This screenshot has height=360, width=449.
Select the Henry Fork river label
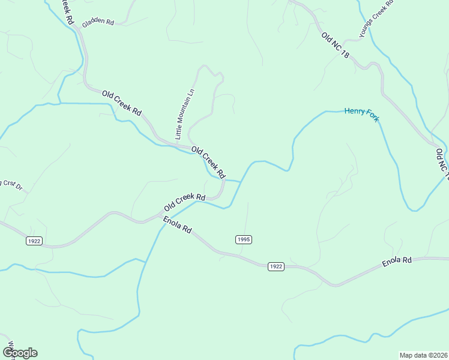coord(361,113)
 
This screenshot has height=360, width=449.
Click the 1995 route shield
coord(243,239)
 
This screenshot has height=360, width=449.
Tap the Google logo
coord(20,352)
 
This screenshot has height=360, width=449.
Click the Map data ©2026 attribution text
coord(423,355)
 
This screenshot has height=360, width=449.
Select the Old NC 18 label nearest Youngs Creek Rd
coord(335,45)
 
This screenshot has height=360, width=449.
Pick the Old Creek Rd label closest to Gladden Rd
coord(121,103)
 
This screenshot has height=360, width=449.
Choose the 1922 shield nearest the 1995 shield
coord(276,266)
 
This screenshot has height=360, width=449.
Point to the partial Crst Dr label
coord(11,185)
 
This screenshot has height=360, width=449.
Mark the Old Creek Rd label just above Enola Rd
coord(185,202)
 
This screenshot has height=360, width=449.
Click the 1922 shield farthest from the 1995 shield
coord(34,241)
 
